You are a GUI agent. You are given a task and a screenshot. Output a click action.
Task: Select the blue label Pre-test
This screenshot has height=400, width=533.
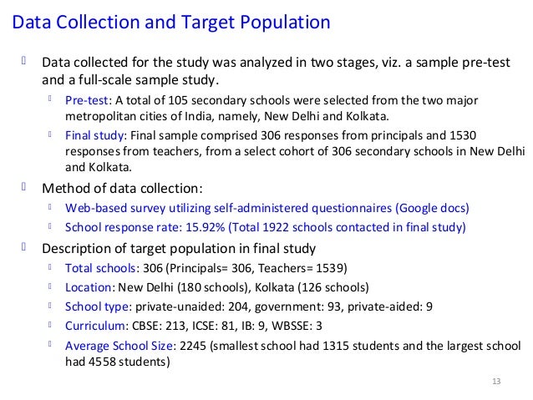(x=86, y=100)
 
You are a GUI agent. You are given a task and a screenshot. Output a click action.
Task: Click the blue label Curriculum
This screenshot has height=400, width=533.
(x=95, y=325)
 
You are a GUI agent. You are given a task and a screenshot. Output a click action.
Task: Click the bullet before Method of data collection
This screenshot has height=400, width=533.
(x=23, y=186)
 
